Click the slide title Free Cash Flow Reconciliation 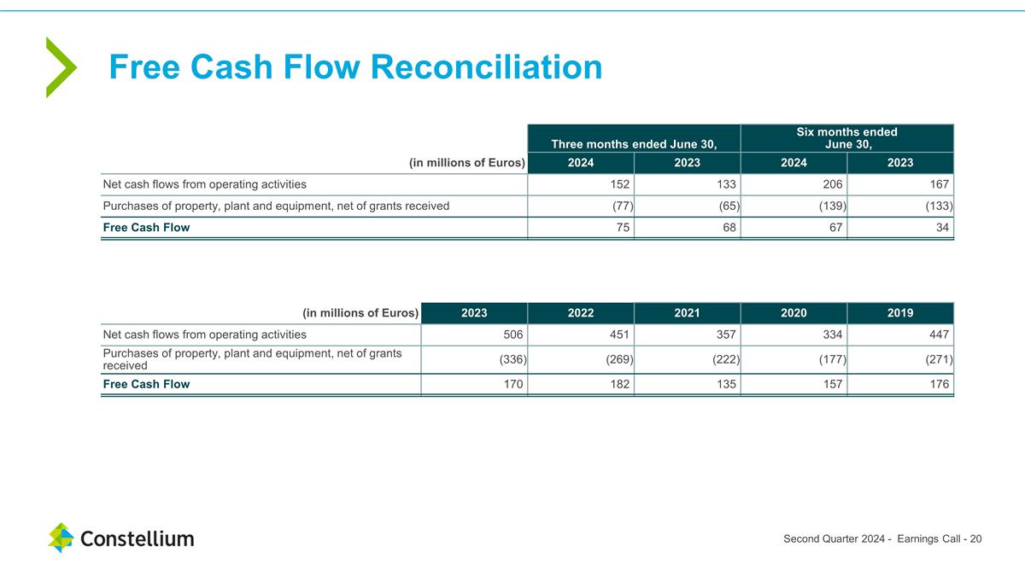click(x=355, y=67)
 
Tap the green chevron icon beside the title click(x=61, y=67)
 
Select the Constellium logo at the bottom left click(x=121, y=538)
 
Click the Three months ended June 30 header click(x=634, y=143)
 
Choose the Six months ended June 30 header click(x=846, y=138)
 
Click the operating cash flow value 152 click(x=618, y=183)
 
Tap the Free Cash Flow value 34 click(x=941, y=228)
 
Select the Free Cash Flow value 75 click(x=619, y=228)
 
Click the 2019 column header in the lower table click(x=900, y=312)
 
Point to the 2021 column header click(x=687, y=312)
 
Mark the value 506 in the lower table click(x=512, y=335)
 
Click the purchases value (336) click(x=512, y=359)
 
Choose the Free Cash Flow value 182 click(x=618, y=384)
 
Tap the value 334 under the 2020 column click(x=832, y=335)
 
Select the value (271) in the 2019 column click(x=938, y=359)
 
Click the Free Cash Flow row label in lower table click(x=146, y=384)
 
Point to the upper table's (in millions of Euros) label click(x=467, y=163)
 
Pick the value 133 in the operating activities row click(x=725, y=183)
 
